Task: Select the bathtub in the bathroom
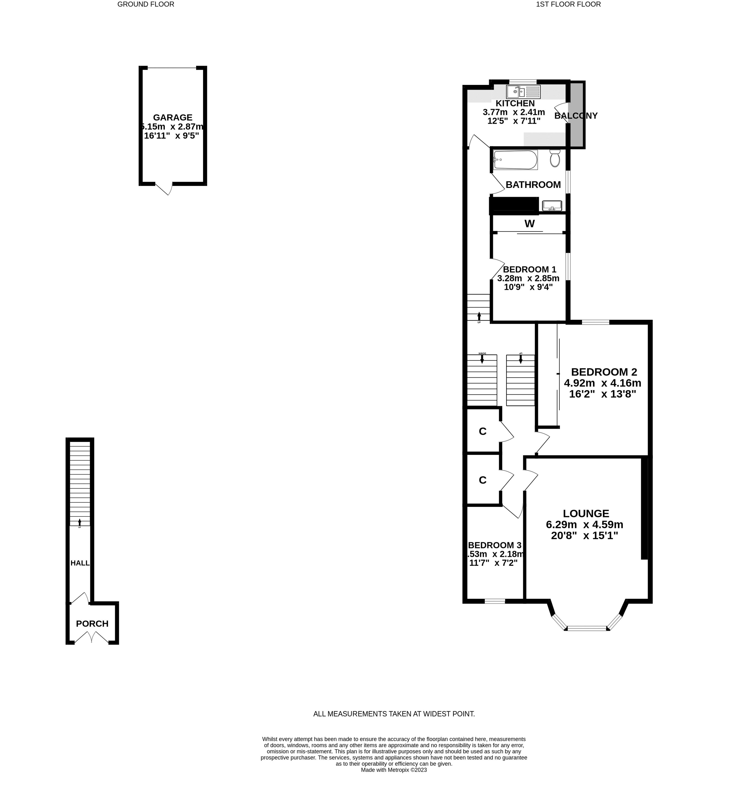click(x=515, y=160)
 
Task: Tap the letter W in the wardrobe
click(x=529, y=224)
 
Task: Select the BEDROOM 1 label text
click(x=529, y=269)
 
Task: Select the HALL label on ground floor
click(x=80, y=563)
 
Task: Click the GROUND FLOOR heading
click(x=146, y=5)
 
